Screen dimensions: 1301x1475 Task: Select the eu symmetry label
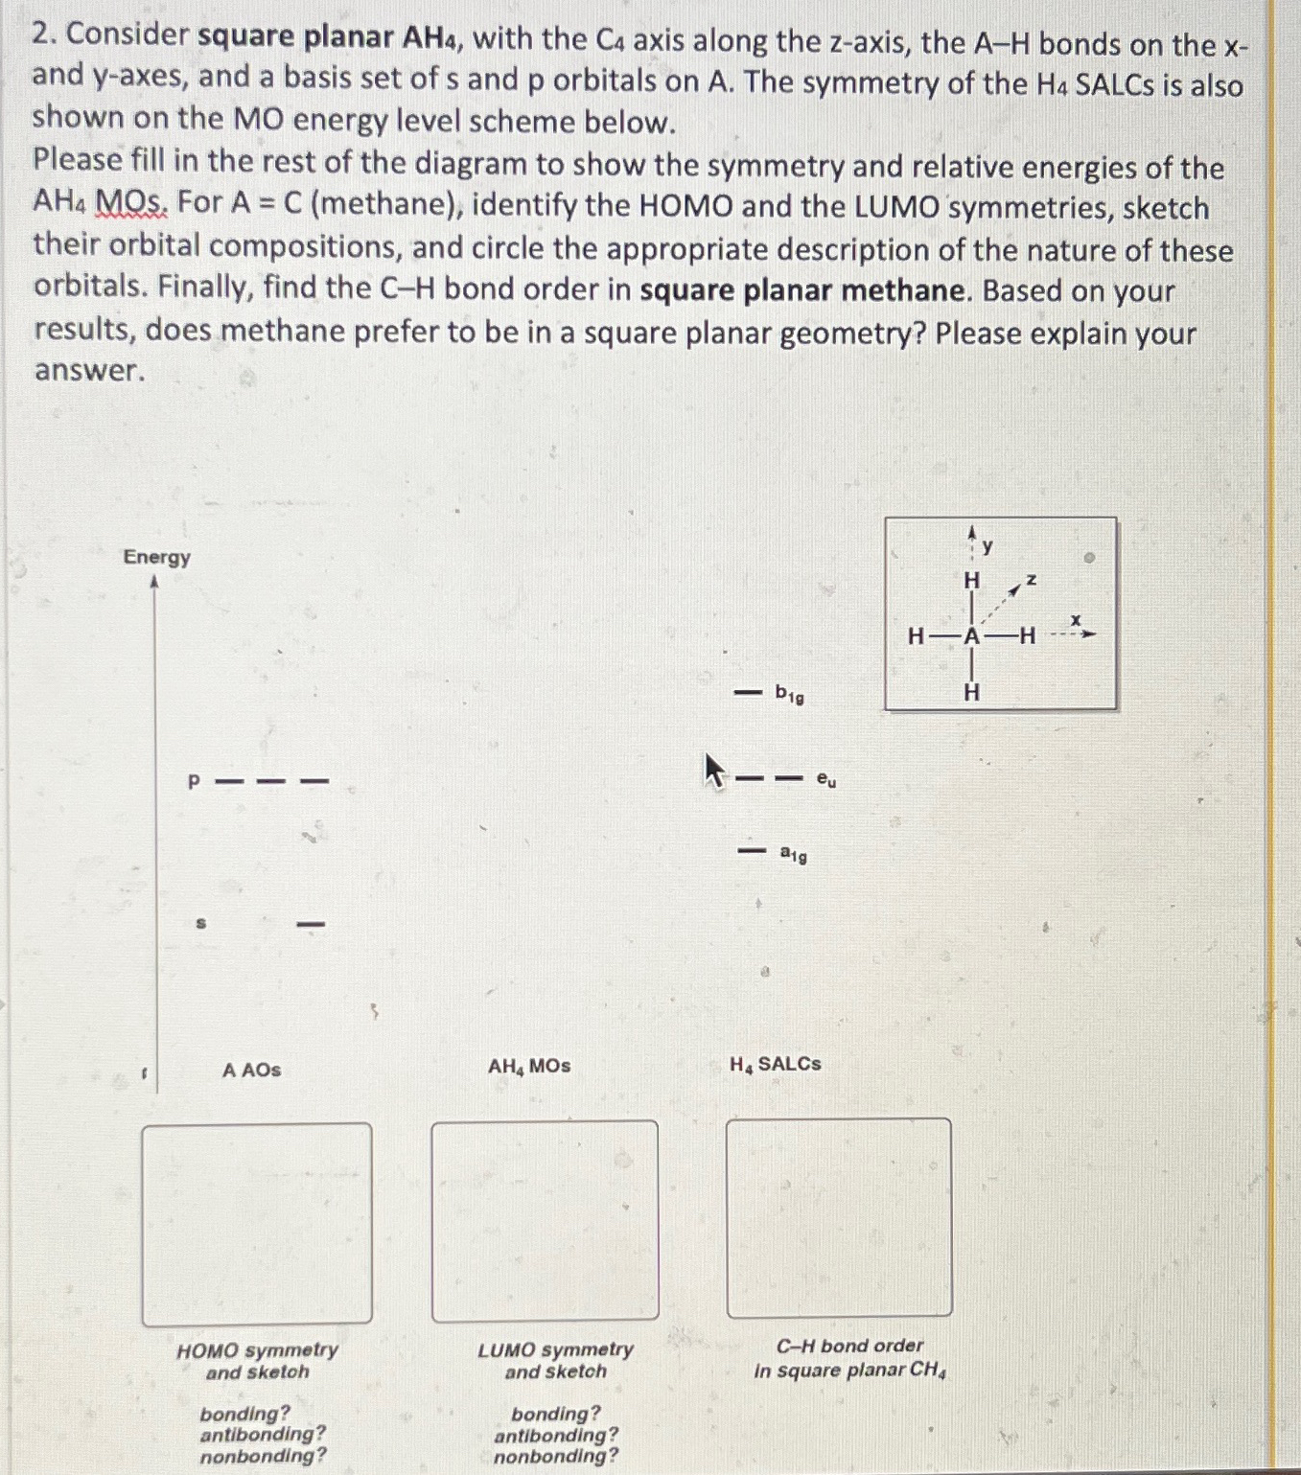click(825, 780)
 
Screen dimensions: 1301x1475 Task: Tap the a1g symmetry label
click(793, 853)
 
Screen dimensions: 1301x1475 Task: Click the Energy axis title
click(156, 557)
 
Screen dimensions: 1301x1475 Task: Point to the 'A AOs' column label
click(251, 1070)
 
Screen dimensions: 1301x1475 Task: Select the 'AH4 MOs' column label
click(528, 1066)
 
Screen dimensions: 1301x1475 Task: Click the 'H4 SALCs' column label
click(775, 1064)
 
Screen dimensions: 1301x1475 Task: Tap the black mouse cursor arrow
click(712, 770)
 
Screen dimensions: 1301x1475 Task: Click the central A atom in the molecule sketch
click(972, 636)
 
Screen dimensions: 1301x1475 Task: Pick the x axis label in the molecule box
click(1076, 621)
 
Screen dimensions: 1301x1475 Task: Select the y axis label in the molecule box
click(987, 546)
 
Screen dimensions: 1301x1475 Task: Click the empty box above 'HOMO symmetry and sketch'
click(257, 1223)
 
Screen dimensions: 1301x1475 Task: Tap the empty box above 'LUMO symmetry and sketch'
click(545, 1221)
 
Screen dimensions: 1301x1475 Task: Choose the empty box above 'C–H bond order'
click(839, 1217)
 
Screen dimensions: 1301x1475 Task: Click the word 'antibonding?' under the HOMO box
click(263, 1434)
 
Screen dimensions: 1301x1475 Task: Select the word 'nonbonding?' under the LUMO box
click(556, 1457)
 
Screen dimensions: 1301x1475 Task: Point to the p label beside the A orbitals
click(194, 782)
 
